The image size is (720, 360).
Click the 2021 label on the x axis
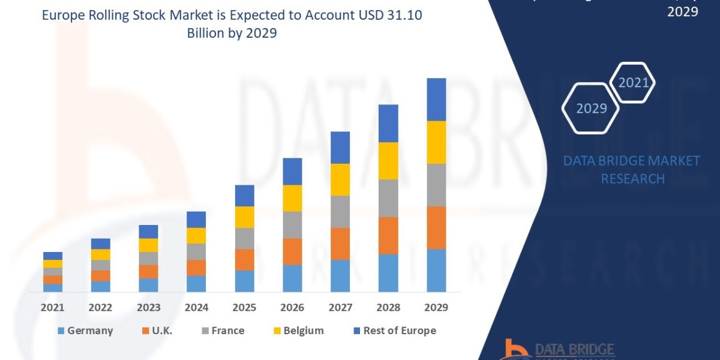(x=52, y=307)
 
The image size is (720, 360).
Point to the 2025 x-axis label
(x=244, y=307)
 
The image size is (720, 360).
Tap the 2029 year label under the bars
(x=436, y=307)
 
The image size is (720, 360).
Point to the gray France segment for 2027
(x=340, y=212)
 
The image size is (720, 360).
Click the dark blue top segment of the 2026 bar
(x=292, y=171)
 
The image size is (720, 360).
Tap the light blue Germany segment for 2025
(x=244, y=281)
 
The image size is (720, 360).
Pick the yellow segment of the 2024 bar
(x=196, y=235)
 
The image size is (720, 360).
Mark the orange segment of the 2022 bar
(x=100, y=275)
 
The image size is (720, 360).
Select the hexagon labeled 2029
(x=590, y=109)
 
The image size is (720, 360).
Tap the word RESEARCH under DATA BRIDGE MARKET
(x=632, y=179)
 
